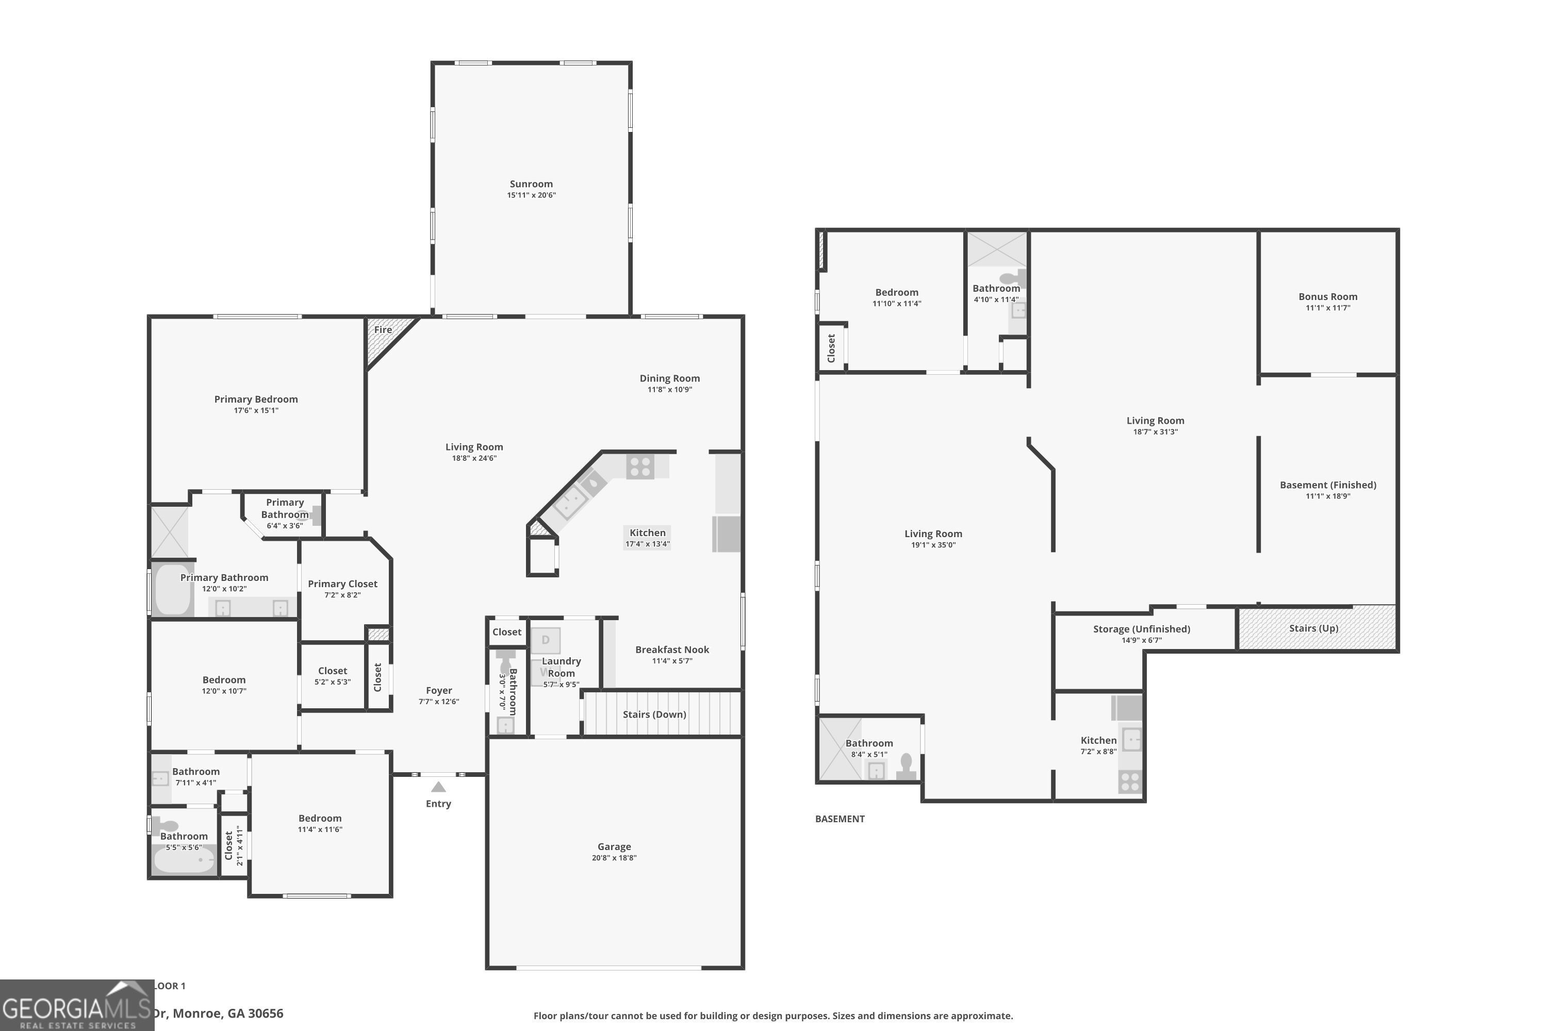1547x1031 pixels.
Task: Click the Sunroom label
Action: click(531, 184)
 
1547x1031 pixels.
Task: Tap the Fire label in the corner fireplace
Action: click(383, 329)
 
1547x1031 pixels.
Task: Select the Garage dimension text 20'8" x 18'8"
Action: click(614, 857)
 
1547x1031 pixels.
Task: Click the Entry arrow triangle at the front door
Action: click(438, 787)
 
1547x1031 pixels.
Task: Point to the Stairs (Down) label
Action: click(654, 714)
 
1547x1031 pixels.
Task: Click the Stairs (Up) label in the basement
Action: click(1313, 628)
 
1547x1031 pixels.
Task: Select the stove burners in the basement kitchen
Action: click(1129, 782)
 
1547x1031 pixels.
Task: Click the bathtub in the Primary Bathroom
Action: click(172, 589)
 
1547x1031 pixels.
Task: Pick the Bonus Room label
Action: click(1327, 296)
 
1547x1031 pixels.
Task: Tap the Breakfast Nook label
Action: click(671, 650)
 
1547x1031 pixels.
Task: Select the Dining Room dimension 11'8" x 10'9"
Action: click(669, 389)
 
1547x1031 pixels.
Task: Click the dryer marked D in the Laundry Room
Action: click(545, 640)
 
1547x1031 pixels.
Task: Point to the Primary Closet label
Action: click(342, 584)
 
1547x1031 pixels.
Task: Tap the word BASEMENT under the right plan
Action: click(840, 819)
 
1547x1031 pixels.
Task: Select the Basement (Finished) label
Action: click(1327, 485)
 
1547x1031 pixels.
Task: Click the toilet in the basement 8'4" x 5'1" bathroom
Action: click(907, 767)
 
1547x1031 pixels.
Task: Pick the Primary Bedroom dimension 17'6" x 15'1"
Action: click(256, 410)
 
